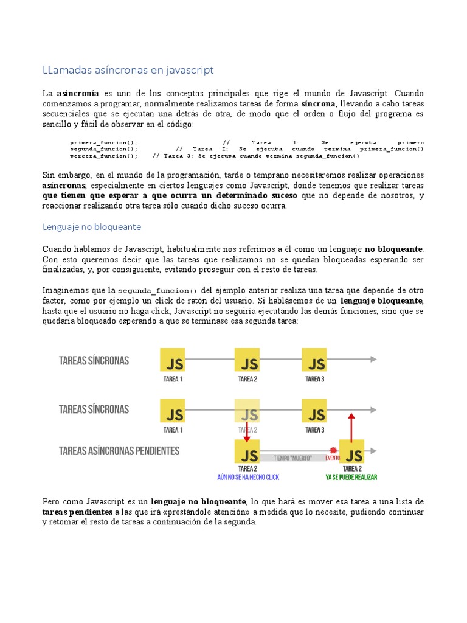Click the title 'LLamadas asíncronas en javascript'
click(x=128, y=70)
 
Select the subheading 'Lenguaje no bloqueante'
click(x=91, y=226)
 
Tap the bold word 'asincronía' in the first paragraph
click(x=78, y=93)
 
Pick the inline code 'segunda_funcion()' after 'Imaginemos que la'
click(x=157, y=290)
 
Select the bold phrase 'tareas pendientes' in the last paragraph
click(x=77, y=512)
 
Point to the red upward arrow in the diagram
click(x=350, y=426)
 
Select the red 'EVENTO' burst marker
click(x=332, y=458)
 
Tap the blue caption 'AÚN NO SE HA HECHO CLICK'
click(x=247, y=478)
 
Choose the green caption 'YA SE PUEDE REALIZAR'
click(x=351, y=478)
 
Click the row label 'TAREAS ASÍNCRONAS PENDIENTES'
click(x=119, y=451)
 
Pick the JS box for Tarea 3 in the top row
click(x=314, y=363)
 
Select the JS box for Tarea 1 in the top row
click(x=173, y=363)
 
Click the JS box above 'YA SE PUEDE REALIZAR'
click(x=351, y=453)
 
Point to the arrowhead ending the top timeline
click(x=373, y=360)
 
